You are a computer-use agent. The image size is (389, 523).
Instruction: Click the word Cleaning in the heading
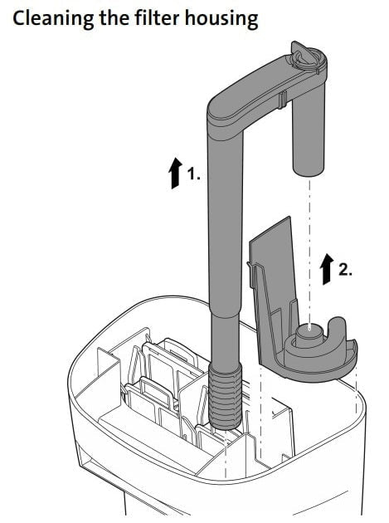tap(48, 17)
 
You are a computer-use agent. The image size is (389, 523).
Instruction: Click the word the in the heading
tap(111, 17)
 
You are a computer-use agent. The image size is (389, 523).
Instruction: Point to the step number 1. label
tap(193, 176)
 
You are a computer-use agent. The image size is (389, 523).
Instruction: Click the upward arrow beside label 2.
tap(323, 269)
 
